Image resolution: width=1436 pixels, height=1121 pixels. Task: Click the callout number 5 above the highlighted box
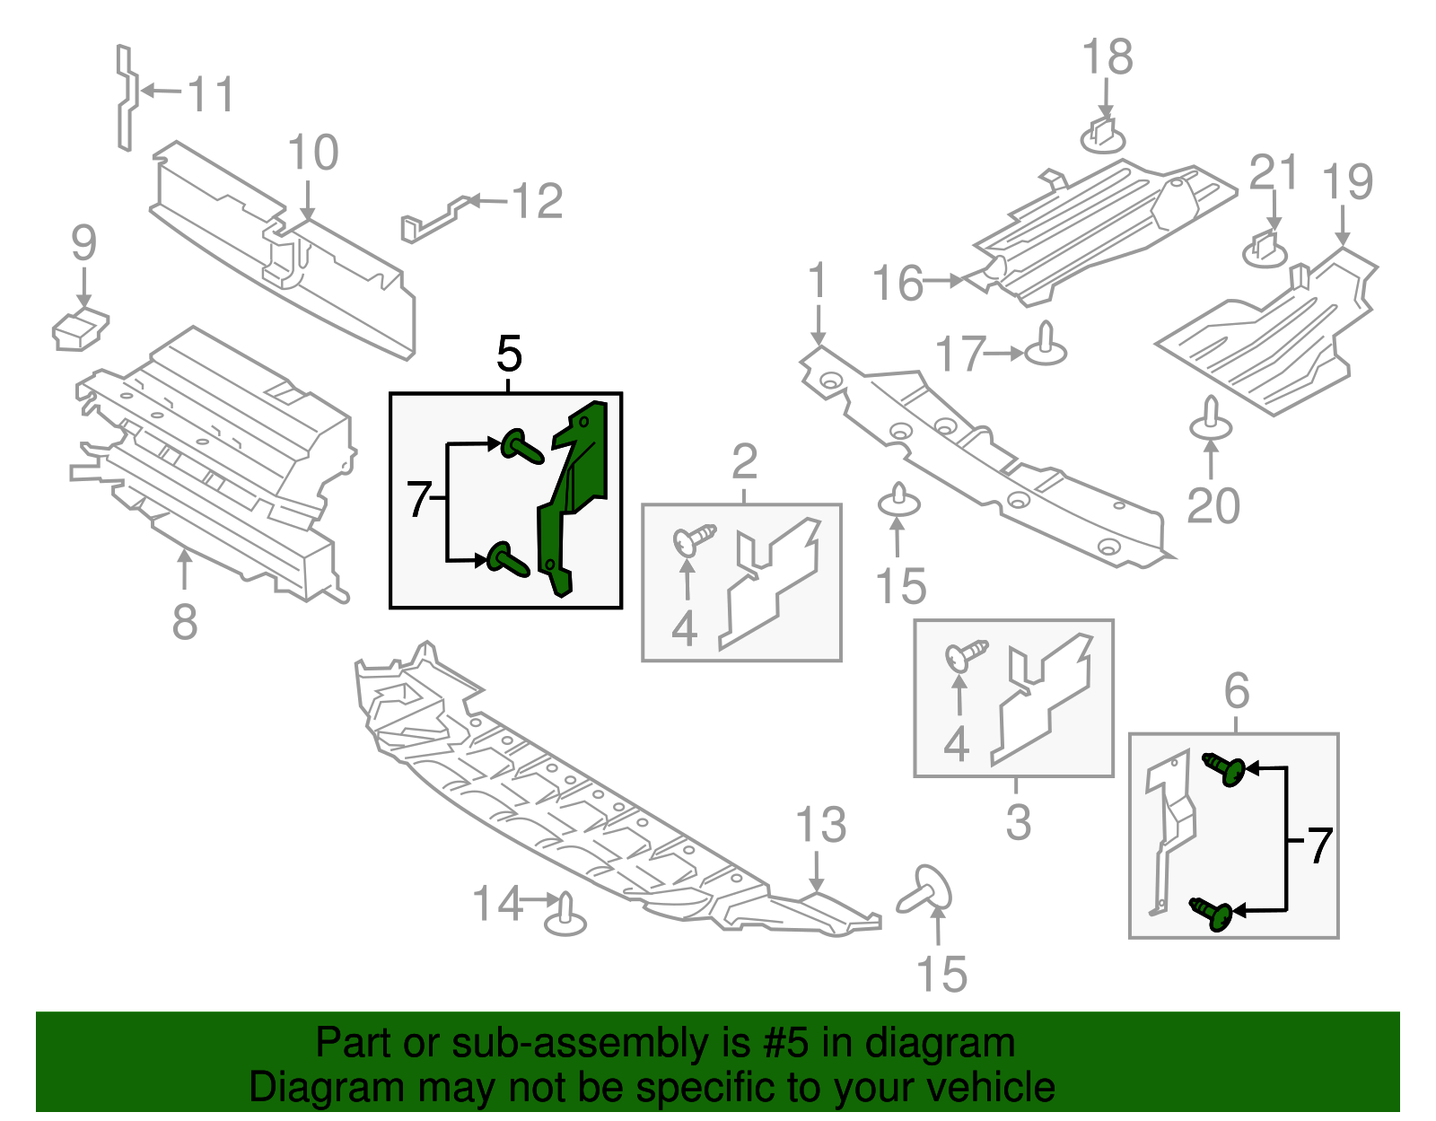pos(509,355)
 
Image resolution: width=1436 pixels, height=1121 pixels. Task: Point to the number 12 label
pos(538,201)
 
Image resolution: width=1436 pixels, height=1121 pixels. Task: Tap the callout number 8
pos(184,622)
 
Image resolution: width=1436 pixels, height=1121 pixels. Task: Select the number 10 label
pos(313,153)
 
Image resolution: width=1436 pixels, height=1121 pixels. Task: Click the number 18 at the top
pos(1108,57)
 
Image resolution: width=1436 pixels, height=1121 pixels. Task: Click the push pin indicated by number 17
pos(1046,346)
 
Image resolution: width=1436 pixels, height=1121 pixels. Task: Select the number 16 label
pos(897,283)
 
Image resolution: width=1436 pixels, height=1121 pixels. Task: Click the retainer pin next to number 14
pos(565,915)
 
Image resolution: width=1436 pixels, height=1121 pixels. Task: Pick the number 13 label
pos(821,825)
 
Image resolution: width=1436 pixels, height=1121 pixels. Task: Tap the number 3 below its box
pos(1018,822)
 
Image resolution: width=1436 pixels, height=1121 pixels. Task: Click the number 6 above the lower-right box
pos(1237,691)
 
